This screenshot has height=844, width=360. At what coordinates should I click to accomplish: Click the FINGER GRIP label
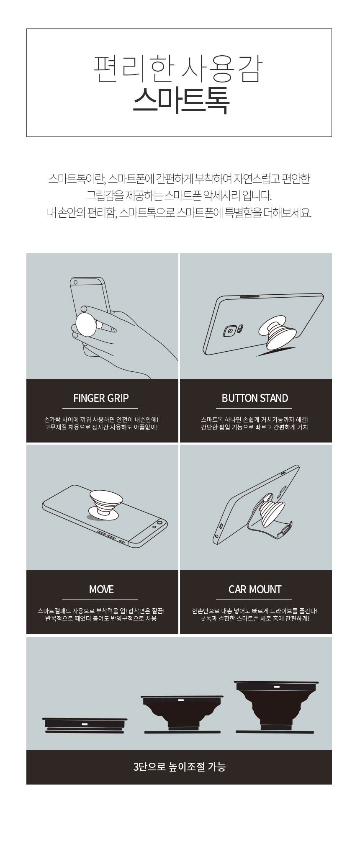point(101,398)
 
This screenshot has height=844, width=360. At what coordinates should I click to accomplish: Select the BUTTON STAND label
point(255,398)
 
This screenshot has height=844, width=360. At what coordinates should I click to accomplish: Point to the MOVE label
point(101,589)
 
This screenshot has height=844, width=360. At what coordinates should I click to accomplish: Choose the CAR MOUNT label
point(255,589)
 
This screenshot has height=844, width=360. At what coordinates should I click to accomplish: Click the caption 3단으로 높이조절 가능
point(179,767)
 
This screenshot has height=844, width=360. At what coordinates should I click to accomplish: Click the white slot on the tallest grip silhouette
point(277,687)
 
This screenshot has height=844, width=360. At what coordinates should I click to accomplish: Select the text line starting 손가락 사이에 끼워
point(101,419)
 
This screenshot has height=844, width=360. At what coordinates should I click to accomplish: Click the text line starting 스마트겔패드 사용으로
point(101,611)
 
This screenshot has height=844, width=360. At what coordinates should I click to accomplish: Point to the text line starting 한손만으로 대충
point(255,611)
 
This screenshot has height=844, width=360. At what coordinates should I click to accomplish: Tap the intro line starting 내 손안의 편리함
point(179,213)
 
